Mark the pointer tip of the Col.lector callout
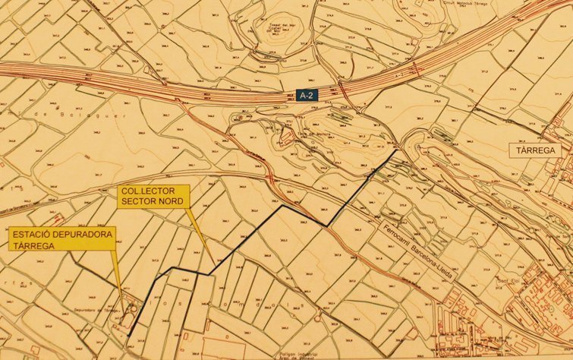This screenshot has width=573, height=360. (x=212, y=259)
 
